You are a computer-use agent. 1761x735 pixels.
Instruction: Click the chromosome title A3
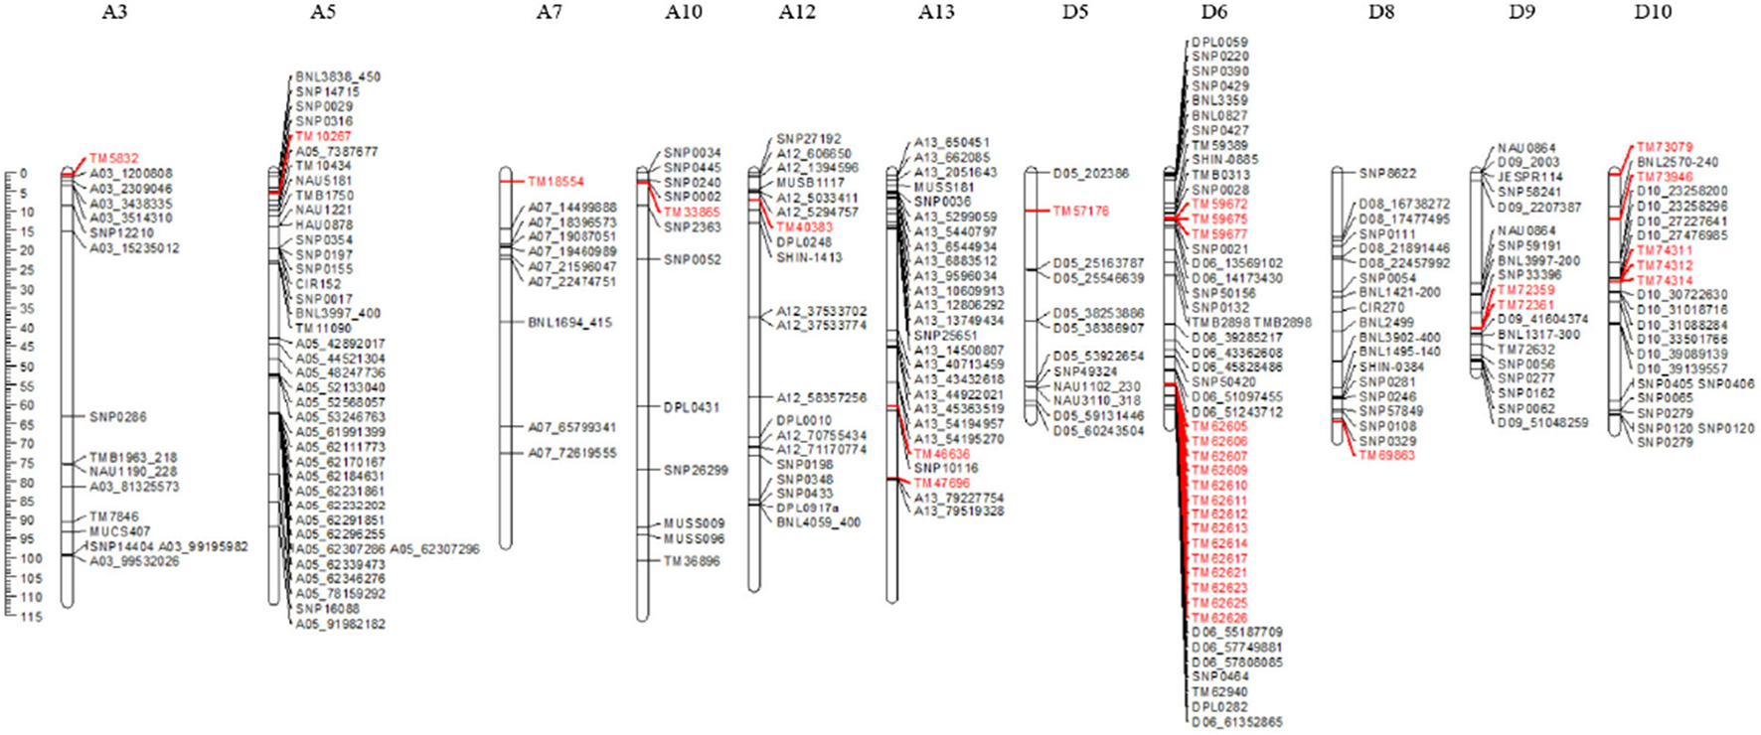[114, 12]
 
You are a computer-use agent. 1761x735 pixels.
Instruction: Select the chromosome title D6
[1213, 12]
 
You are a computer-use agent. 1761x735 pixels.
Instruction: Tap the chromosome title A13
[936, 12]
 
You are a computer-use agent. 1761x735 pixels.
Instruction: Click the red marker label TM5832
[114, 158]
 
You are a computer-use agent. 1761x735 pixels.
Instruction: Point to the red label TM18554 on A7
[556, 183]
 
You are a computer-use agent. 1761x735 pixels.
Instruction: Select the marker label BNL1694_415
[570, 323]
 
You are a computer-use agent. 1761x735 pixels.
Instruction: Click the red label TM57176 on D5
[1081, 212]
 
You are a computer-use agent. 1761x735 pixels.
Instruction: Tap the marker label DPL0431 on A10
[692, 407]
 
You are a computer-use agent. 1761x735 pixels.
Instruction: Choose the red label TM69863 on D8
[1386, 456]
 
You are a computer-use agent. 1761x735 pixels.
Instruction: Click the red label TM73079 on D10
[1665, 147]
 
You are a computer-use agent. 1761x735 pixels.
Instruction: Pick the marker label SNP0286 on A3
[117, 417]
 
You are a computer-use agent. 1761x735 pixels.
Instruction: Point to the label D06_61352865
[1237, 722]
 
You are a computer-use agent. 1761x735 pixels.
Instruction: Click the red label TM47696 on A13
[942, 483]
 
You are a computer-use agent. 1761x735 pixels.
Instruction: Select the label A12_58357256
[822, 397]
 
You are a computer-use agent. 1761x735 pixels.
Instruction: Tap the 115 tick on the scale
[30, 617]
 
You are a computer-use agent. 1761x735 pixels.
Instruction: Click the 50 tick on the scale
[30, 367]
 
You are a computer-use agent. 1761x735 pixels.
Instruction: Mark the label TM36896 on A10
[692, 561]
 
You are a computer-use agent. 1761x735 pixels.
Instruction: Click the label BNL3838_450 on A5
[338, 76]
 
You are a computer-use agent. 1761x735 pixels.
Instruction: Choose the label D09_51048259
[1543, 423]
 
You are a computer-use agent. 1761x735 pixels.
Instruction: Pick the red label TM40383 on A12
[805, 227]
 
